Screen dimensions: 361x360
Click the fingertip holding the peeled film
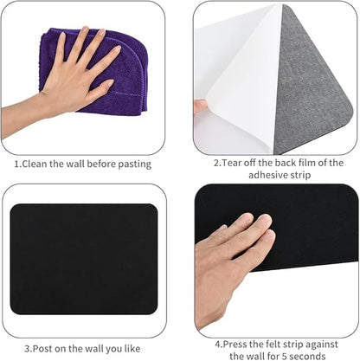pos(201,106)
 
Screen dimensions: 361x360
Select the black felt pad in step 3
pos(84,259)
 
